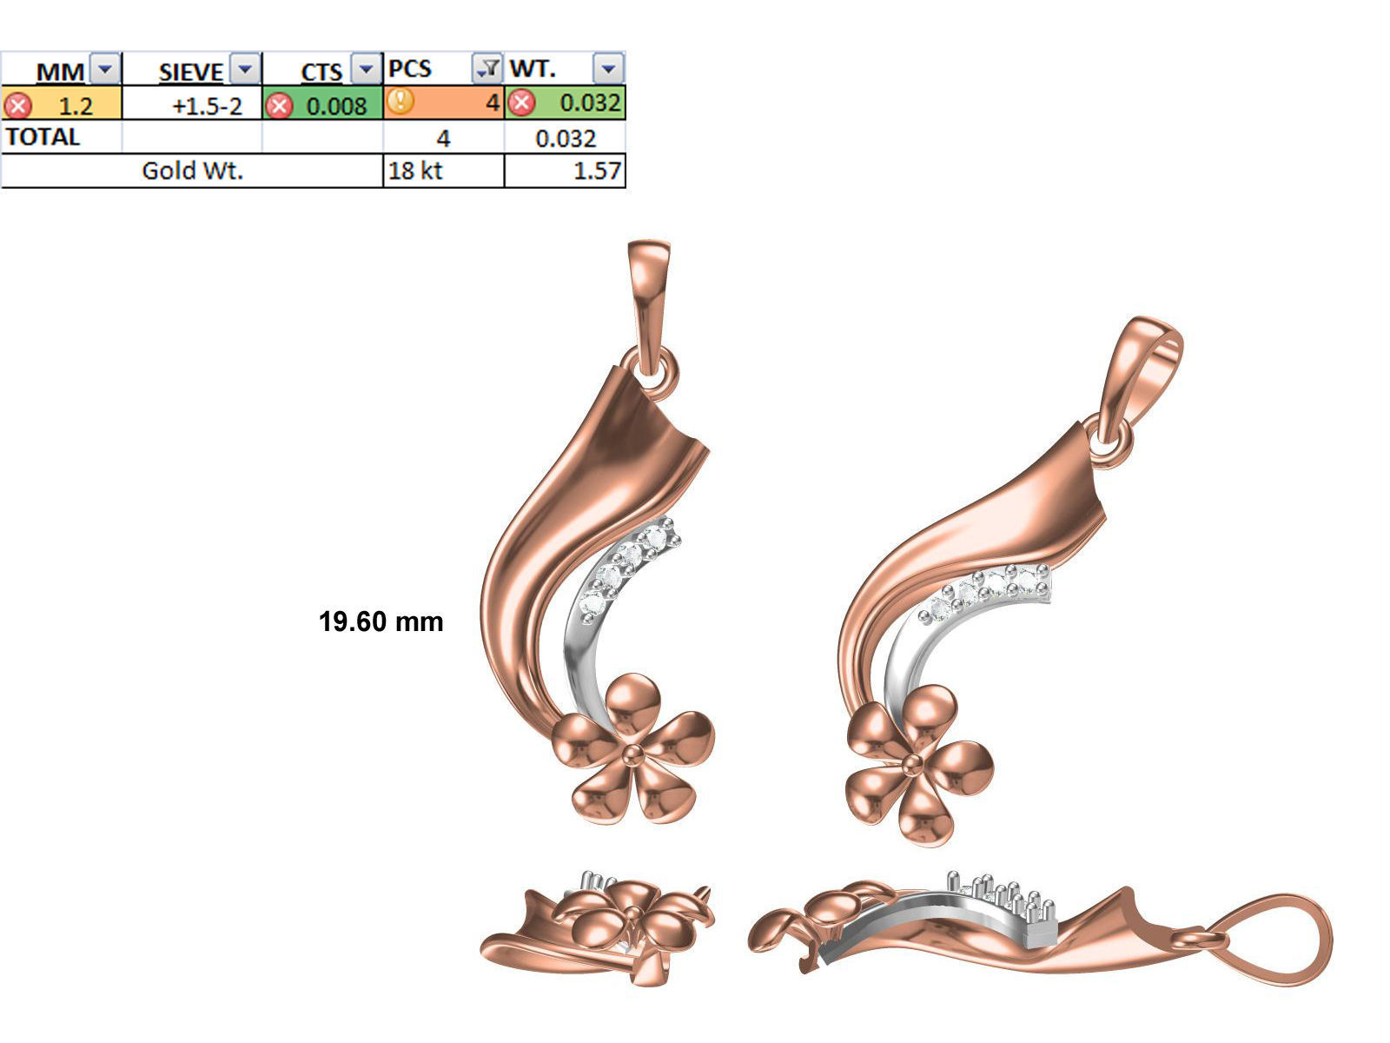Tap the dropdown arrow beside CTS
pos(367,69)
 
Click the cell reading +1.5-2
pos(207,105)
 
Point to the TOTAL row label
pos(43,137)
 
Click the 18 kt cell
pos(415,170)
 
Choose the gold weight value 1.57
pos(597,170)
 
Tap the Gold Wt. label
pos(192,170)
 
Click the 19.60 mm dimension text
pos(381,621)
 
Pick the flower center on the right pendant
pos(912,763)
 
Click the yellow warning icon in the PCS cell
pos(400,102)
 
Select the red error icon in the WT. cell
pos(520,103)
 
